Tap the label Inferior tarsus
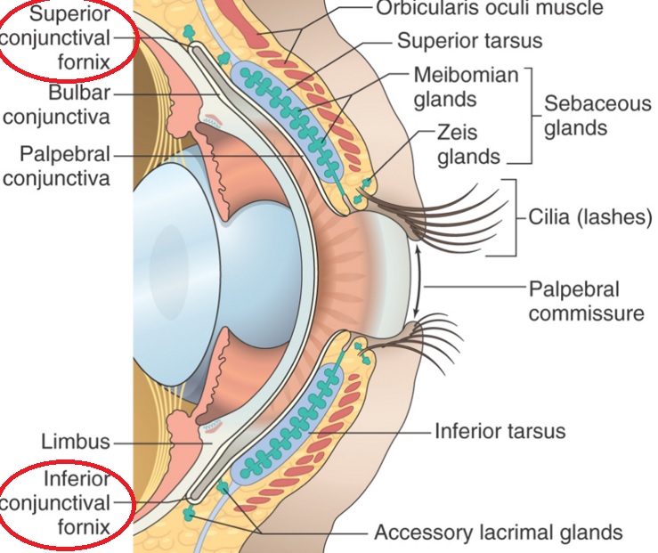[x=500, y=432]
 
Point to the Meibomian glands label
[x=466, y=86]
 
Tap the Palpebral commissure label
[x=586, y=301]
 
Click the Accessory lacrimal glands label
[x=498, y=533]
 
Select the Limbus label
[x=76, y=441]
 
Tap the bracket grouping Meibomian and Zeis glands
[x=527, y=115]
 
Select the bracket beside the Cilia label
[x=514, y=217]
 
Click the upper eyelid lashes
[x=463, y=209]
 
